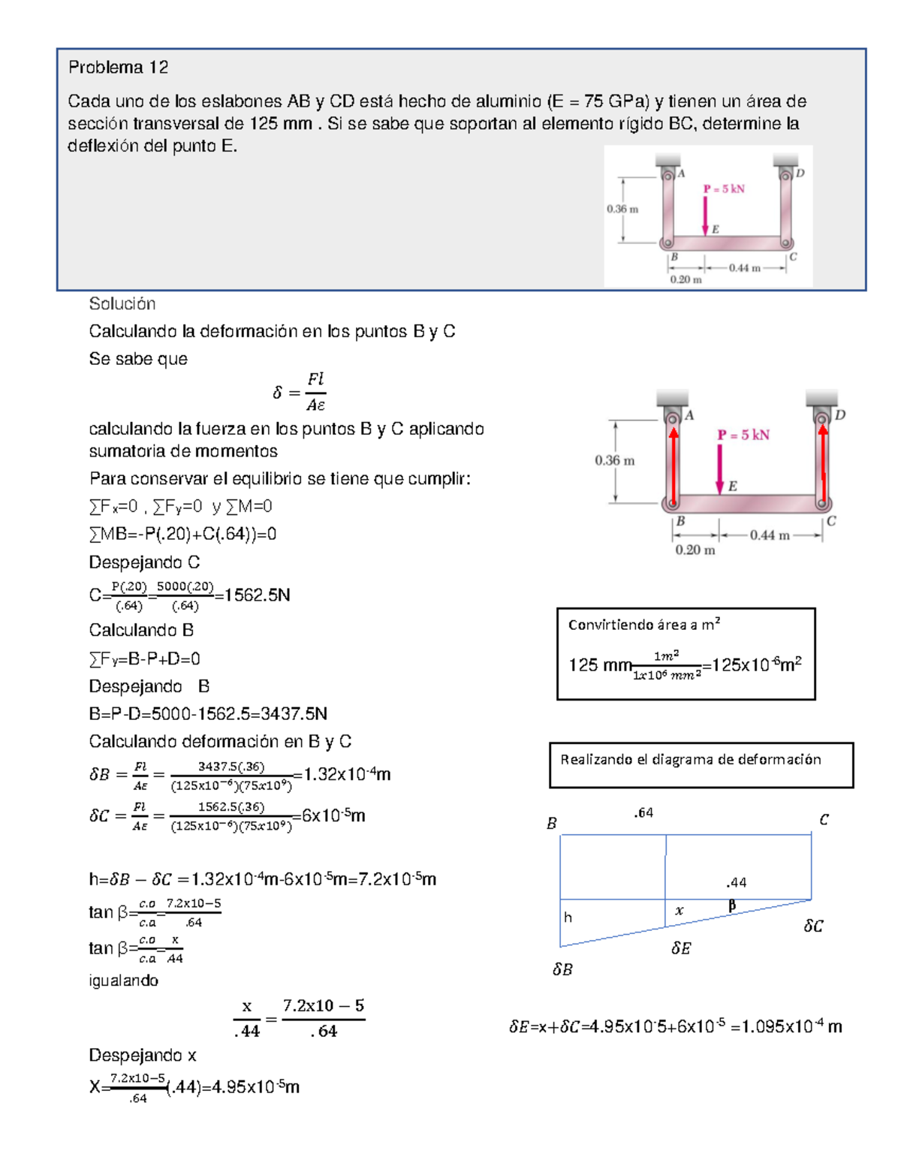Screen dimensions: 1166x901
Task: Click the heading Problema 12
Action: tap(118, 68)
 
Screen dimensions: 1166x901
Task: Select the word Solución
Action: tap(122, 303)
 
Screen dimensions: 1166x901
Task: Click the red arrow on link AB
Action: tap(673, 465)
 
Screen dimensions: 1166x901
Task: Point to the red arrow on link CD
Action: tap(823, 465)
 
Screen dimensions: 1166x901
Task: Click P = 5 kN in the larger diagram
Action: tap(743, 435)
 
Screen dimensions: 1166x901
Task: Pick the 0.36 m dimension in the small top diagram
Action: tap(622, 209)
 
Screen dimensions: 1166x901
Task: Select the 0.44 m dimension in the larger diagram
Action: tap(769, 535)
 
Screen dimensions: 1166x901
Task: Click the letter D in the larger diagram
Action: tap(840, 414)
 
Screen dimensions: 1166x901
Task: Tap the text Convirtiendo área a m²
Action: tap(643, 625)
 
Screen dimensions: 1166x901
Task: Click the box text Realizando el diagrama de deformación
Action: tap(690, 760)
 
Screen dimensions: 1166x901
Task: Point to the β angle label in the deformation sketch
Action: tap(731, 905)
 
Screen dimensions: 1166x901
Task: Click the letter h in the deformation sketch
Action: tap(568, 917)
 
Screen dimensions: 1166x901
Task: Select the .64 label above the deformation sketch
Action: tap(643, 813)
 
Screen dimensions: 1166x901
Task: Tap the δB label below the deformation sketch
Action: tap(562, 969)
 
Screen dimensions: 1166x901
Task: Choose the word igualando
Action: tap(123, 981)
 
